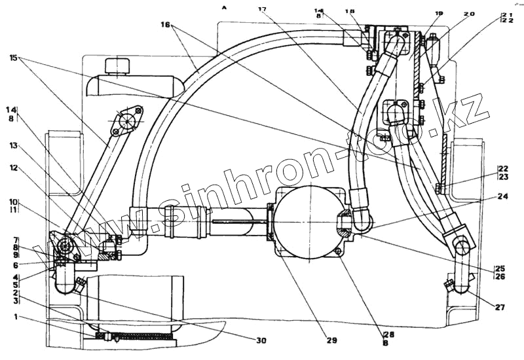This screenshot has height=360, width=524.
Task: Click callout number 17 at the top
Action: (263, 9)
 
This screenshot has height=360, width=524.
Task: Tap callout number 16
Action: (164, 25)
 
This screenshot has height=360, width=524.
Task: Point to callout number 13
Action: (13, 147)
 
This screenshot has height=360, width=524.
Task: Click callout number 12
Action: (13, 168)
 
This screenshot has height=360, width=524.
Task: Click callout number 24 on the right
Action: (502, 195)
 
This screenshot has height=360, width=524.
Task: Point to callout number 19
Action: (439, 13)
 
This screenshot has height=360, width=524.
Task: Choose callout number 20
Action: (470, 13)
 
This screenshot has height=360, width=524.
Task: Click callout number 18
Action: (350, 11)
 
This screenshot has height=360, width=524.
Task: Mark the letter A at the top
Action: (224, 7)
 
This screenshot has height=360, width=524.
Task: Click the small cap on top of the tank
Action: (119, 66)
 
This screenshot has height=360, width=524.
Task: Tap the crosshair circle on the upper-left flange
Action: (126, 121)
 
